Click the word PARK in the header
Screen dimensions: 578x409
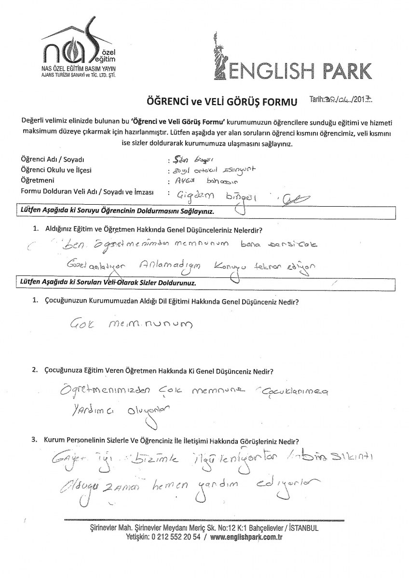pyautogui.click(x=343, y=70)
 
